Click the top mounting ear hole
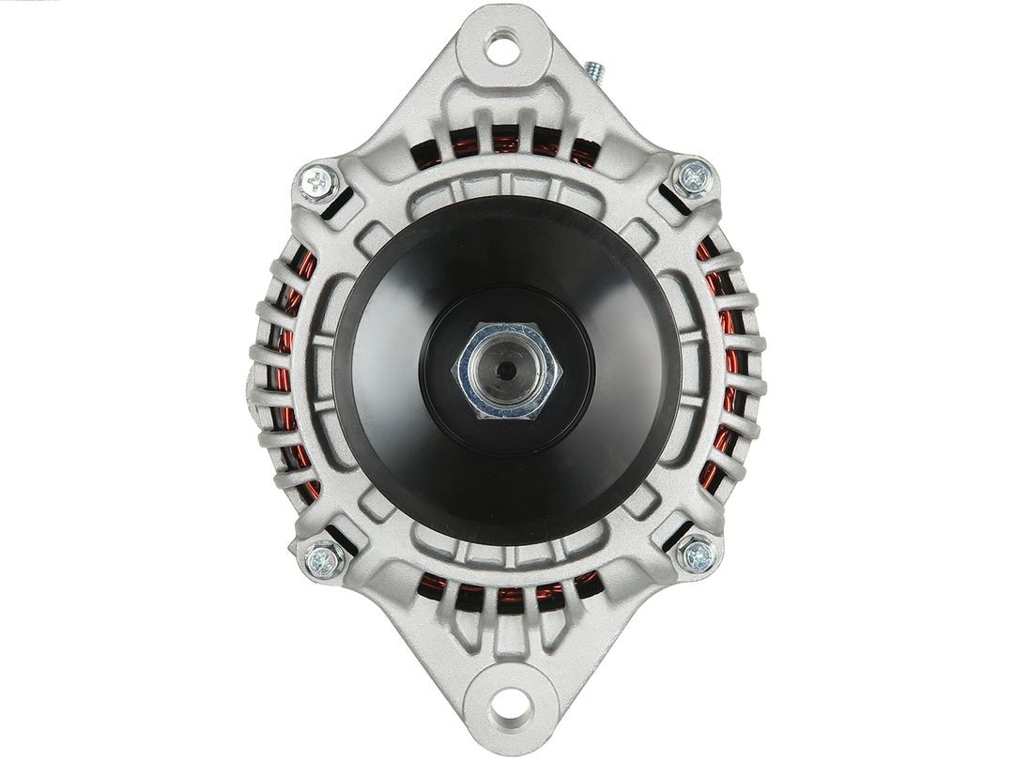click(503, 47)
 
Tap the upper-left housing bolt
click(318, 183)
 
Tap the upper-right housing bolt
click(694, 176)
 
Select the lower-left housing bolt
click(323, 560)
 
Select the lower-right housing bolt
click(698, 555)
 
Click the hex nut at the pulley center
click(507, 371)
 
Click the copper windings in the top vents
click(508, 144)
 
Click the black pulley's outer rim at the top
click(507, 208)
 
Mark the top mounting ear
click(503, 75)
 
